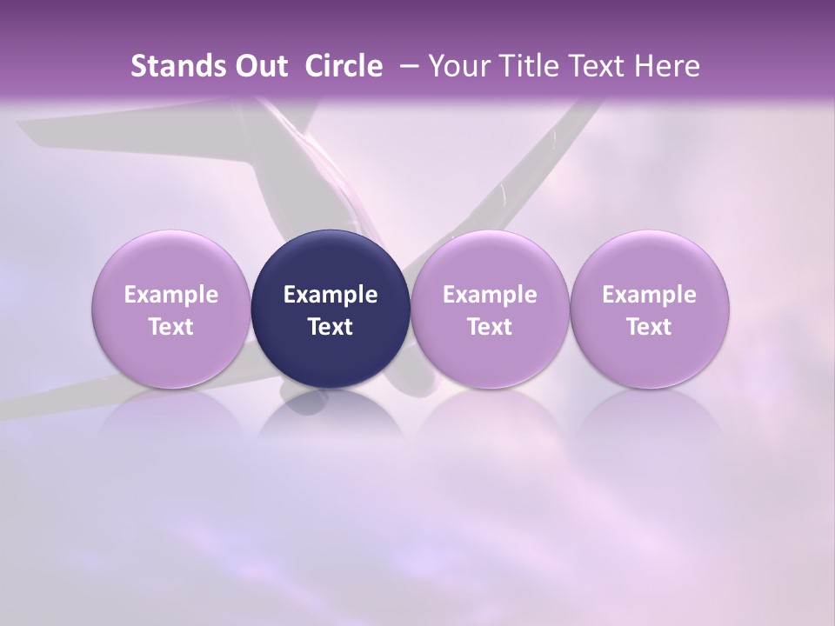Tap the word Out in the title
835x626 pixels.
coord(258,66)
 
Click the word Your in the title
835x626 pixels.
coord(456,66)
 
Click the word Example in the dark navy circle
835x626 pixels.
coord(331,295)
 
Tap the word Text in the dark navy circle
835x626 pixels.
coord(331,327)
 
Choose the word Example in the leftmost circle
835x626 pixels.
coord(171,295)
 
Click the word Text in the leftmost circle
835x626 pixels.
coord(171,327)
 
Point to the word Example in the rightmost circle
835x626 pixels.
coord(650,295)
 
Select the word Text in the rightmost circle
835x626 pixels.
coord(650,327)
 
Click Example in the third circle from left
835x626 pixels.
coord(490,295)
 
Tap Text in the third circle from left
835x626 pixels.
coord(490,327)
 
